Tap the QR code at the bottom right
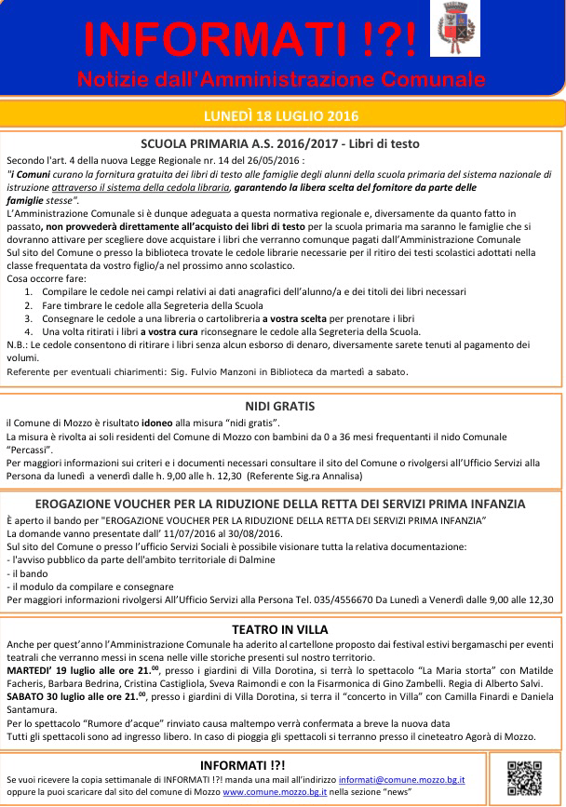pos(524,777)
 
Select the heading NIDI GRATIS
pos(280,406)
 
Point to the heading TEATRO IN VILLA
pos(280,630)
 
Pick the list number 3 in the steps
pos(29,318)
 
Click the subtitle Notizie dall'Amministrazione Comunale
pos(282,75)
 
